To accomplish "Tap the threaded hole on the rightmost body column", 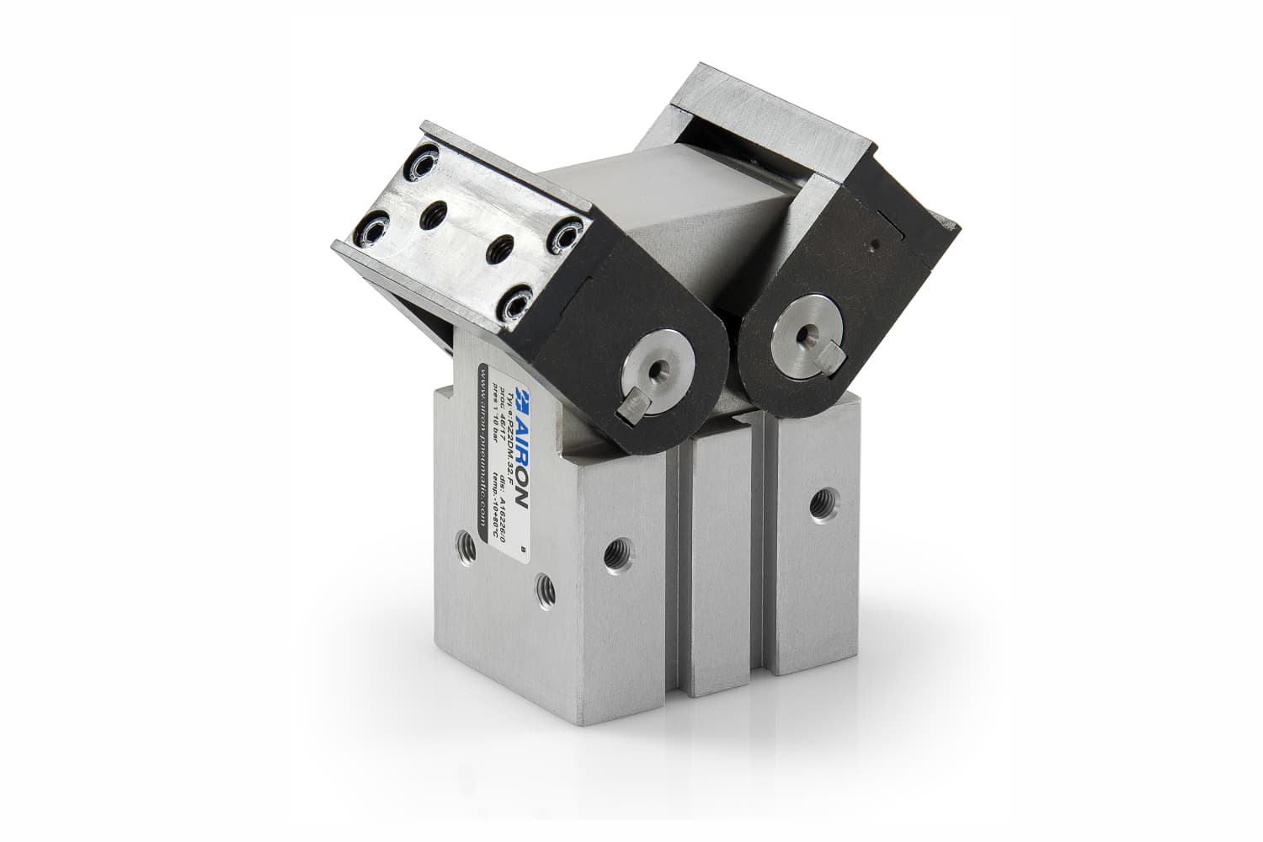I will point(816,505).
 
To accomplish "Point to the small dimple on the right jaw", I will point(876,247).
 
